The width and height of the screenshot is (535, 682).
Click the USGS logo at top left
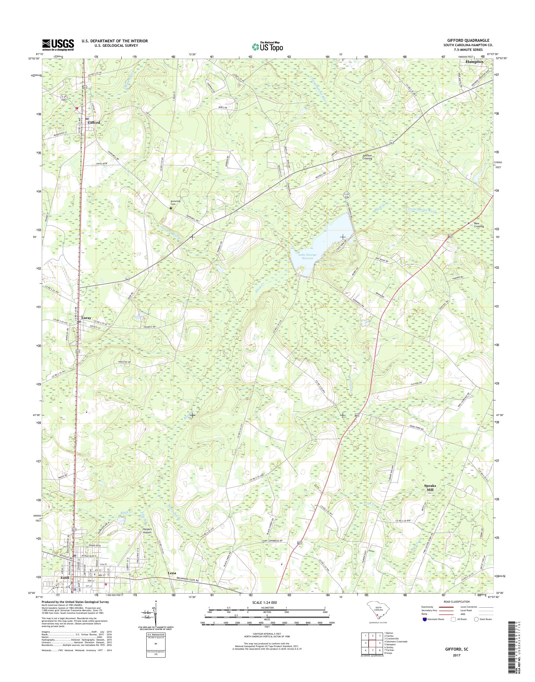point(58,44)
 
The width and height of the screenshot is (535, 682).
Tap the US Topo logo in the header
point(267,46)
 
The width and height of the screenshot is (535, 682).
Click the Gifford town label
point(94,123)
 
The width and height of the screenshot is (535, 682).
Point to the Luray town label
point(86,318)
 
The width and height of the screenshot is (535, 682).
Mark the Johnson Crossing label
point(367,157)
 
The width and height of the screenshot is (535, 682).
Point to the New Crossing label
point(479,225)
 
